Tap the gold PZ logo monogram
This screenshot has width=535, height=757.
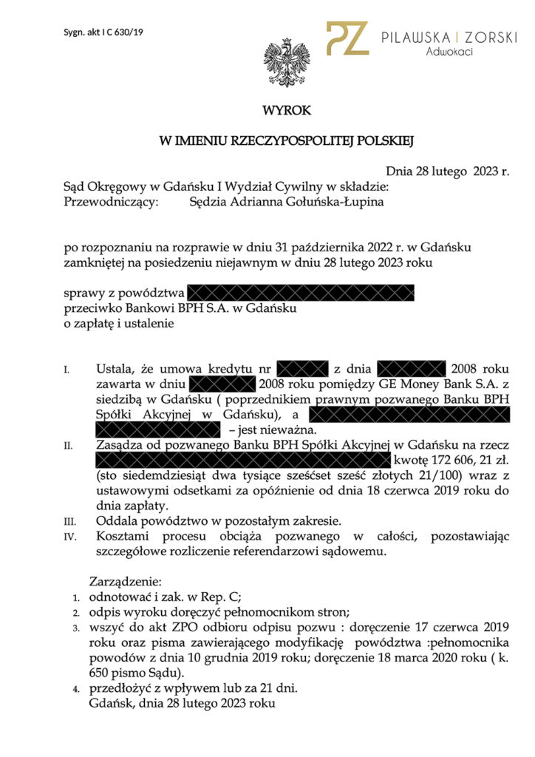(x=348, y=38)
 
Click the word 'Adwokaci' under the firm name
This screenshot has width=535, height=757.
(x=449, y=51)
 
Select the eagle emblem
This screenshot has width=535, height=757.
(x=287, y=64)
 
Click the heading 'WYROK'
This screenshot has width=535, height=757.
(x=287, y=111)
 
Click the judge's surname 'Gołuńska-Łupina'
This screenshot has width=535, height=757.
(x=342, y=202)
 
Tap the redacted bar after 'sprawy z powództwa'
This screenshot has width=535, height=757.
(x=301, y=293)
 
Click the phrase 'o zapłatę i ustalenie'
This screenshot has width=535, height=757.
(x=119, y=323)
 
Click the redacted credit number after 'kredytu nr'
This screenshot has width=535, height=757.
(x=303, y=368)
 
